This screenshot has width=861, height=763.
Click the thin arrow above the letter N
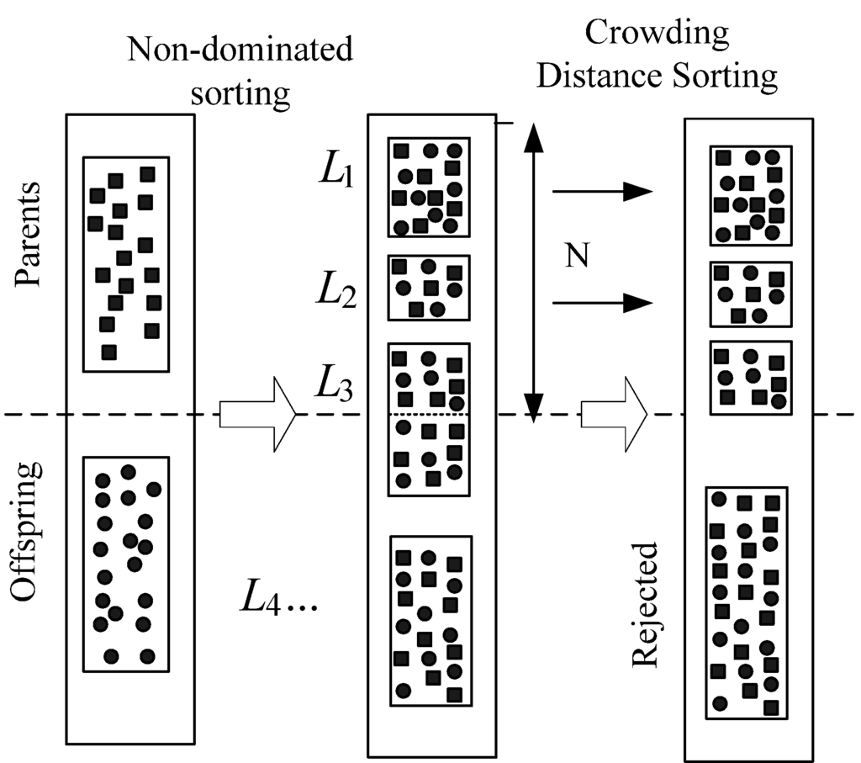click(601, 192)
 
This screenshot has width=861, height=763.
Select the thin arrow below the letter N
click(601, 303)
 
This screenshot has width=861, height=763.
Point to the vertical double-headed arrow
click(531, 269)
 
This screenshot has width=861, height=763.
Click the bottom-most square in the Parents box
click(108, 351)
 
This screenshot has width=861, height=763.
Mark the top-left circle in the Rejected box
click(719, 499)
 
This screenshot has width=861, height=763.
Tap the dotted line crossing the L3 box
click(429, 415)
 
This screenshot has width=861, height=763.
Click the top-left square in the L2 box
click(399, 267)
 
